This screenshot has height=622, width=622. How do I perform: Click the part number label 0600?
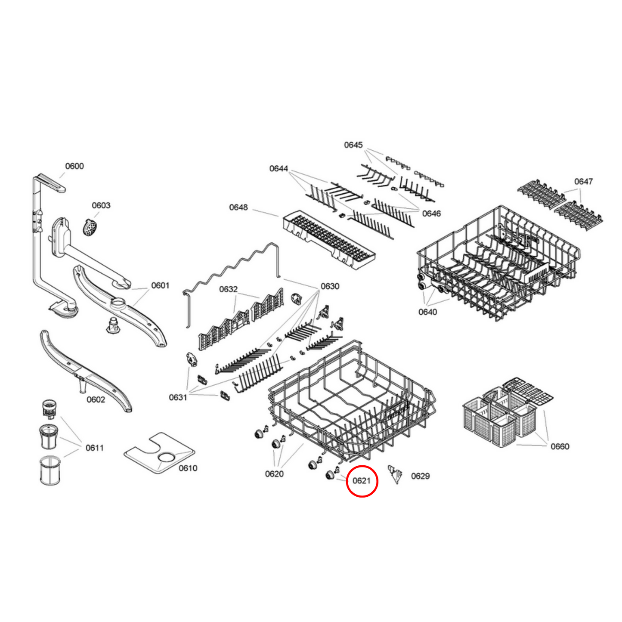tap(74, 166)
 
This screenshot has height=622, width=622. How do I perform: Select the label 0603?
tap(101, 205)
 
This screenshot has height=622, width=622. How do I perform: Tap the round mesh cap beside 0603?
tap(90, 227)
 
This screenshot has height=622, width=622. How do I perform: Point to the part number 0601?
tap(160, 285)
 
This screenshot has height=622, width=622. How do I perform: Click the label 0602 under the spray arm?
tap(96, 399)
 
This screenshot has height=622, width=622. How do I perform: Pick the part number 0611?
tap(95, 448)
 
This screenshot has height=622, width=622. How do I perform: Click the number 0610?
tap(188, 468)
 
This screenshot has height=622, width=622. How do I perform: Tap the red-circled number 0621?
tap(362, 480)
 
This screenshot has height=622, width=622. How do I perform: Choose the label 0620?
tap(274, 474)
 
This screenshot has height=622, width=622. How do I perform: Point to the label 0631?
tap(178, 397)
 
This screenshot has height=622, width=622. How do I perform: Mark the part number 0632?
tap(228, 289)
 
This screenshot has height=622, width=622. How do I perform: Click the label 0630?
tap(330, 286)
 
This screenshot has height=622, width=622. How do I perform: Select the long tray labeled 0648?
tap(328, 240)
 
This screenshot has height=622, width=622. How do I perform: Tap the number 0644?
tap(279, 168)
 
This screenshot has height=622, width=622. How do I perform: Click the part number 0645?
tap(353, 145)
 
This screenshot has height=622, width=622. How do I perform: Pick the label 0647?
tap(583, 181)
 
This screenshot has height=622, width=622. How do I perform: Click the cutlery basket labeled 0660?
tap(499, 418)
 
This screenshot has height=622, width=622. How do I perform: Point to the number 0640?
tap(427, 312)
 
